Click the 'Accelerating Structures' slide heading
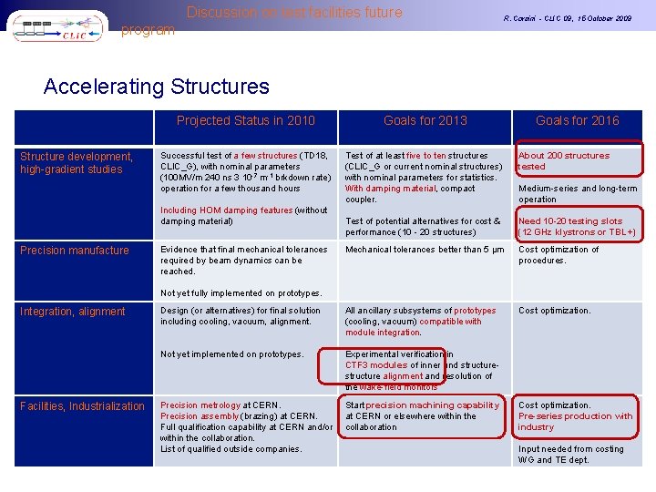pyautogui.click(x=157, y=87)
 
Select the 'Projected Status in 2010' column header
pyautogui.click(x=245, y=120)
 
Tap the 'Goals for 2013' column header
pyautogui.click(x=425, y=120)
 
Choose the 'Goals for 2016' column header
pyautogui.click(x=577, y=120)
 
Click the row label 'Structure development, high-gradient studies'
pyautogui.click(x=77, y=162)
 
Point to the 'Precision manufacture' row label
pyautogui.click(x=75, y=250)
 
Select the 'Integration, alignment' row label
pyautogui.click(x=73, y=312)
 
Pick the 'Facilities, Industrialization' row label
pyautogui.click(x=82, y=405)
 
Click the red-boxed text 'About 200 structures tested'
pyautogui.click(x=564, y=161)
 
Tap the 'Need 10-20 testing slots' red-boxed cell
pyautogui.click(x=577, y=227)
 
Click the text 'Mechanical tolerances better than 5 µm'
pyautogui.click(x=425, y=250)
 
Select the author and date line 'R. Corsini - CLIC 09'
pyautogui.click(x=568, y=18)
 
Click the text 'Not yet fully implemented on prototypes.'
pyautogui.click(x=241, y=293)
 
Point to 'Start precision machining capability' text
pyautogui.click(x=423, y=405)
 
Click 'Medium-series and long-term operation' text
pyautogui.click(x=578, y=194)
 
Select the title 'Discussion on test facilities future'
pyautogui.click(x=294, y=13)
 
